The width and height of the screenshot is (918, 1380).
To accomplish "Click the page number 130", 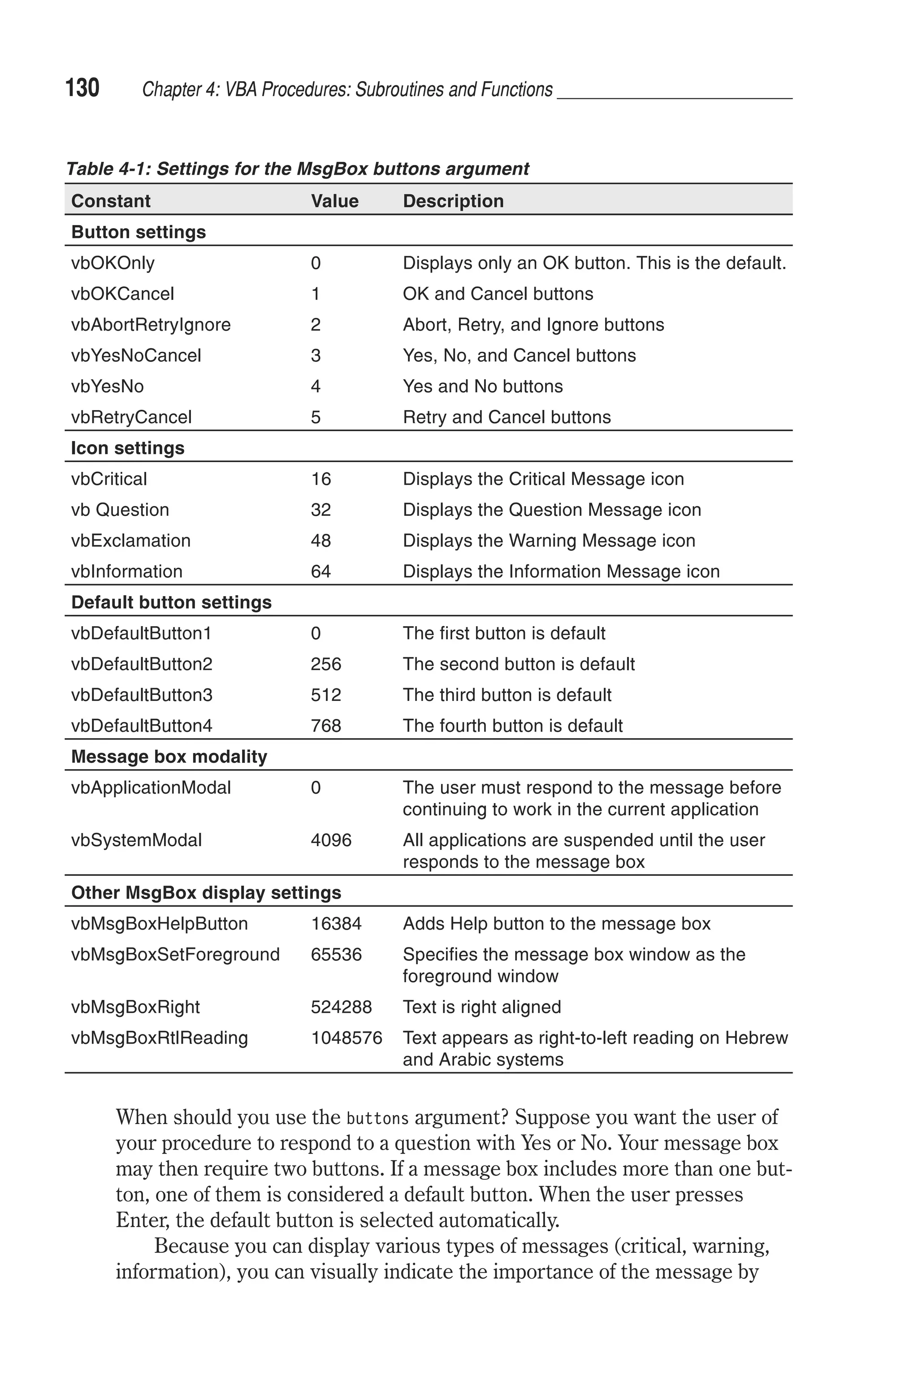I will coord(82,88).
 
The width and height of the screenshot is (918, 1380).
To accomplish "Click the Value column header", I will coord(334,201).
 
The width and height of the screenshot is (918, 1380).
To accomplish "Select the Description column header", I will coord(453,201).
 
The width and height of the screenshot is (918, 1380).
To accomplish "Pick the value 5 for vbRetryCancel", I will coord(316,417).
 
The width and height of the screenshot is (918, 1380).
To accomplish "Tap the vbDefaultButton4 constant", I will coord(142,726).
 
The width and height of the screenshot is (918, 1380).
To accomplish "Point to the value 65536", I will coord(336,955).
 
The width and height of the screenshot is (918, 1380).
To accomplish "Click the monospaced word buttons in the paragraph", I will coord(377,1118).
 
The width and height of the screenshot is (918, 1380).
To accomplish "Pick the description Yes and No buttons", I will coord(482,386).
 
